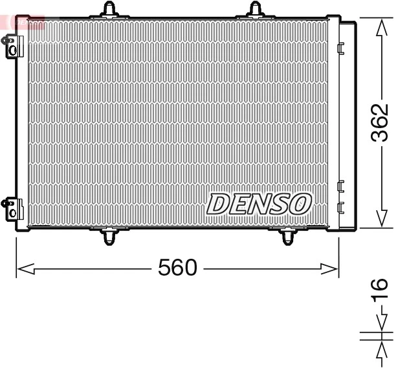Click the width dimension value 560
point(177,267)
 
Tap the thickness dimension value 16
point(381,289)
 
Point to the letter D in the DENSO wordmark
point(219,204)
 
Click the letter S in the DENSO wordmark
point(280,204)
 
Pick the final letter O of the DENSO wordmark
point(300,204)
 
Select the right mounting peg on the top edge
point(257,9)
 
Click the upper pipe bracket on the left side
point(11,47)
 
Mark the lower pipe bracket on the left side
point(11,209)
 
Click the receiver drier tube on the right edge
point(348,123)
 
